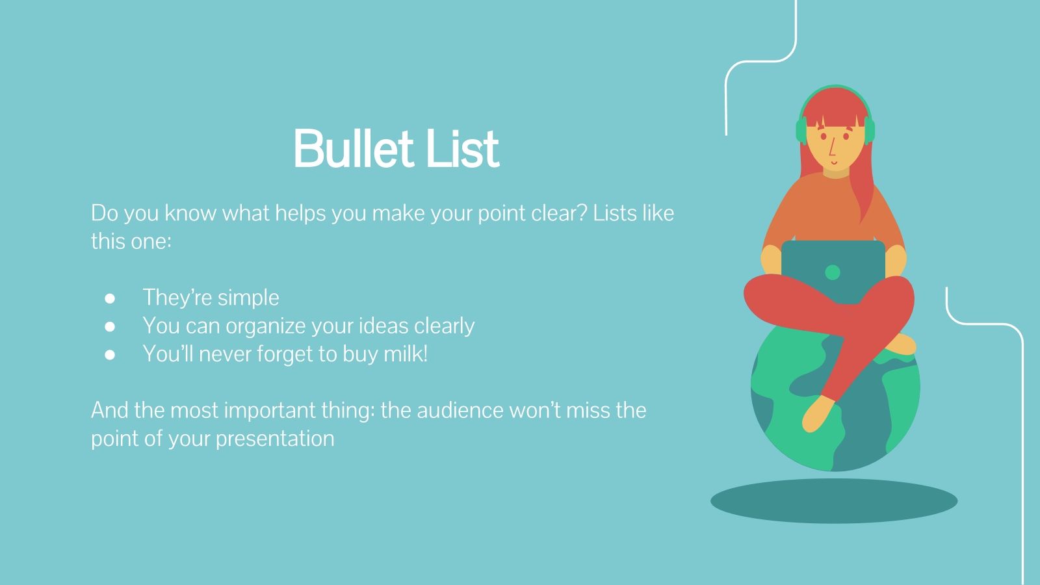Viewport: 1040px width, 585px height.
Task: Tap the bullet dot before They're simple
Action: (110, 298)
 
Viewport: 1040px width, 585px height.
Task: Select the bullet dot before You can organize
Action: (110, 326)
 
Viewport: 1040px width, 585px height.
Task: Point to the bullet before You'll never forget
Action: (110, 355)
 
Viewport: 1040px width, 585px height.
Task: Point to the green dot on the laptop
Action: (833, 272)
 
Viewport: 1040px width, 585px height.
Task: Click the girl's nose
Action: (833, 150)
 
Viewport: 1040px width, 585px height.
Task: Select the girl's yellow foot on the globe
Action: (817, 414)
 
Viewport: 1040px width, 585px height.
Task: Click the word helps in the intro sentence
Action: (301, 213)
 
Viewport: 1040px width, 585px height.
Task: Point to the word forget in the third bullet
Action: (286, 354)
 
